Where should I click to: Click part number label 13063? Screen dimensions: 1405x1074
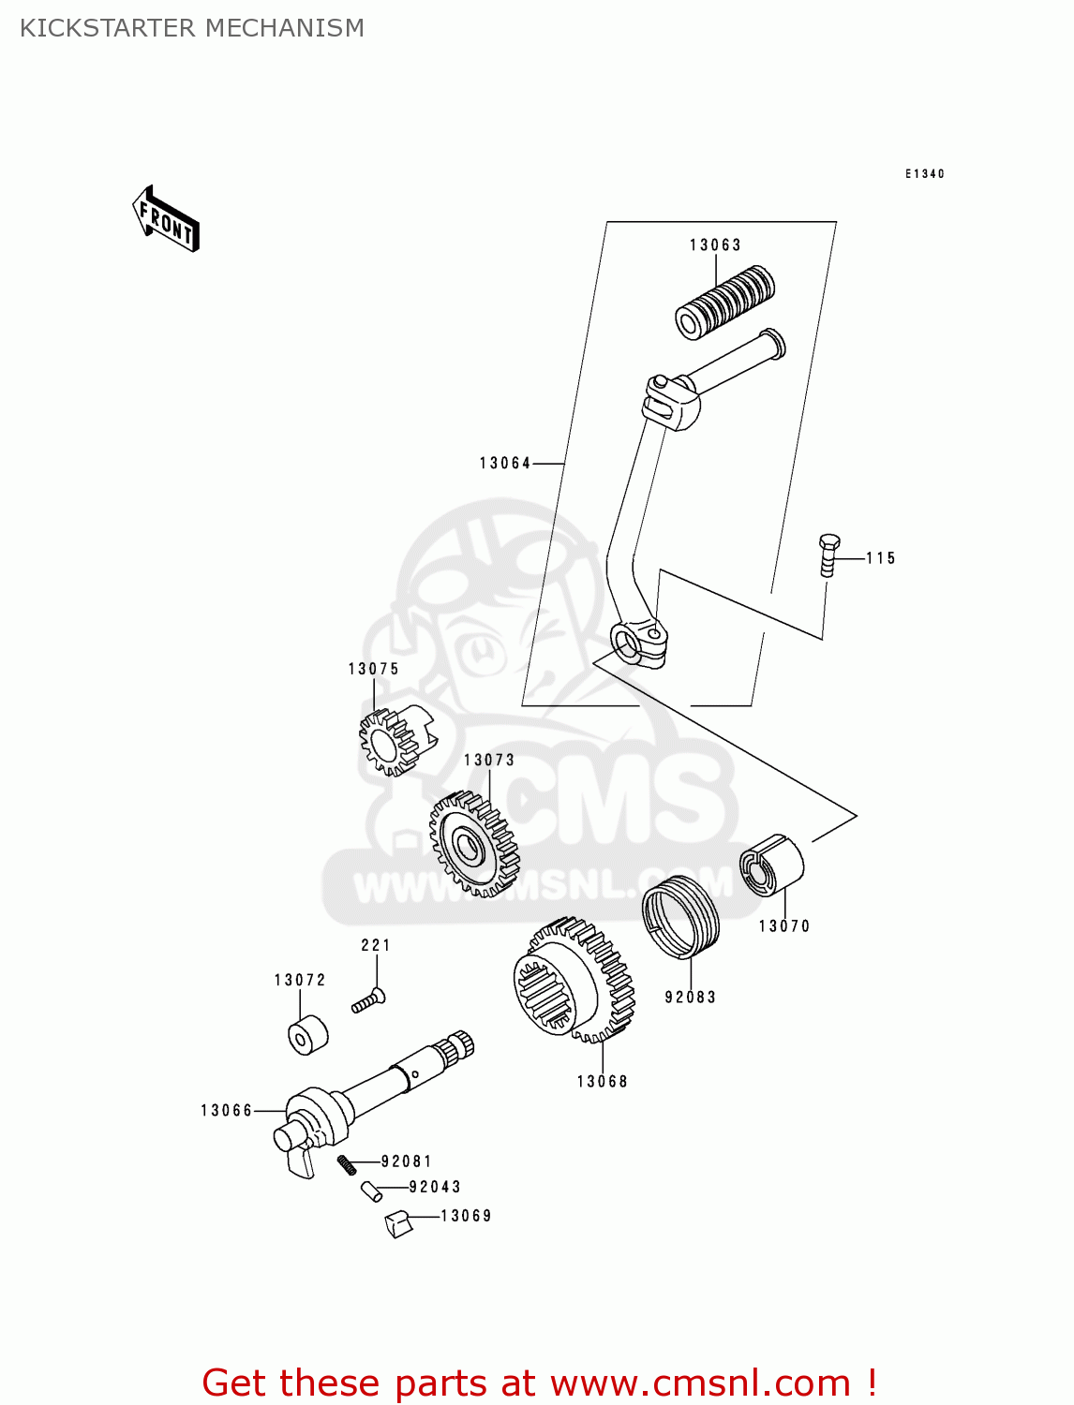715,245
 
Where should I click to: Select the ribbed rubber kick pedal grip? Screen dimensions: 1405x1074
724,302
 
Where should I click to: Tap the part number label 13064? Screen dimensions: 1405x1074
505,463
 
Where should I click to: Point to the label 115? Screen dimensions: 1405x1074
881,558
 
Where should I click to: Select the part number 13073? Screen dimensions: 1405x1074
489,761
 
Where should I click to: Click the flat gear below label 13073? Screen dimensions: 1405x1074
474,843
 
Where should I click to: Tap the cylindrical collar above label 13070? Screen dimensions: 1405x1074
771,865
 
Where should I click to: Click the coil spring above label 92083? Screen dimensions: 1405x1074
681,916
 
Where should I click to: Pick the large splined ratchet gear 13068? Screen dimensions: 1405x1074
573,980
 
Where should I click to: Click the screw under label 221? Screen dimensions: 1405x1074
368,1001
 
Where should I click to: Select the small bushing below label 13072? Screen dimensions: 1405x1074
306,1034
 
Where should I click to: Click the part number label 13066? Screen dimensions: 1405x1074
227,1111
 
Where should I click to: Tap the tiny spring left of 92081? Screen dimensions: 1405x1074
347,1164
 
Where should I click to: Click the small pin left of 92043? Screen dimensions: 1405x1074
370,1191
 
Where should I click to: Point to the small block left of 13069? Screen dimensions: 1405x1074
399,1223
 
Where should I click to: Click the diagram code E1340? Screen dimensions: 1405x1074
924,174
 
